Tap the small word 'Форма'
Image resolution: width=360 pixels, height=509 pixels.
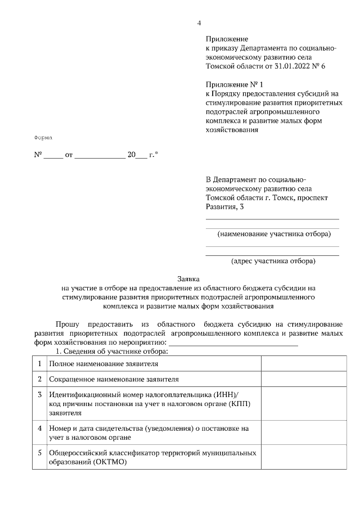(43, 138)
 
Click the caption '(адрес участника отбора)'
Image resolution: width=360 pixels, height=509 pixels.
(273, 260)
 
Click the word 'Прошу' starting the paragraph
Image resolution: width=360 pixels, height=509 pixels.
(67, 324)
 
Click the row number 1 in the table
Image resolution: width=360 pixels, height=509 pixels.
(39, 364)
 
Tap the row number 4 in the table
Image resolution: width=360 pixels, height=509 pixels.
(39, 428)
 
